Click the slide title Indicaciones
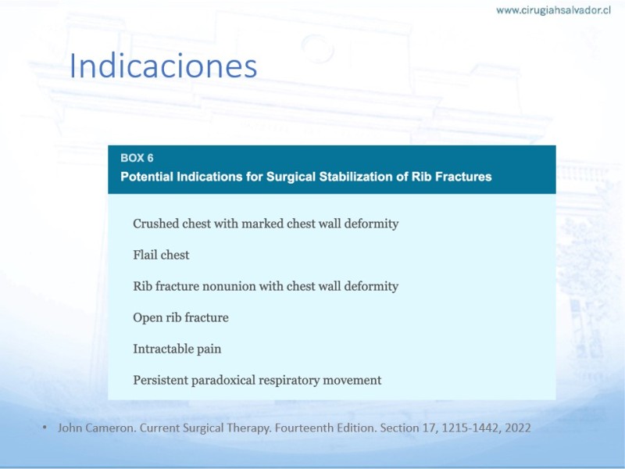click(163, 66)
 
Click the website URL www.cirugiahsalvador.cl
click(553, 10)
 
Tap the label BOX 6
click(137, 159)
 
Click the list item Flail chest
click(161, 255)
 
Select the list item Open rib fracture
click(181, 317)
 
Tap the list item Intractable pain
click(177, 349)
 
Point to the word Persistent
click(161, 380)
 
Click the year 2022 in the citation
click(518, 428)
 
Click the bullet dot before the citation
click(45, 428)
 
